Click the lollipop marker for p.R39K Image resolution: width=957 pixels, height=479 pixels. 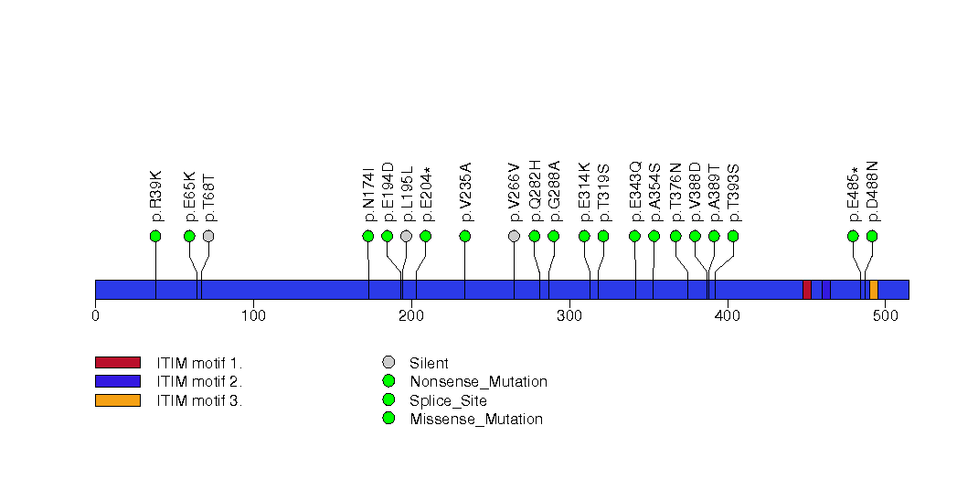pyautogui.click(x=155, y=236)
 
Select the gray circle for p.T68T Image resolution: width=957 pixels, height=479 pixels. pyautogui.click(x=208, y=236)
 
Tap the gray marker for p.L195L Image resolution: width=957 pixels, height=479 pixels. pyautogui.click(x=406, y=236)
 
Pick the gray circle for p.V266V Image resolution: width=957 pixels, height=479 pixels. pyautogui.click(x=514, y=236)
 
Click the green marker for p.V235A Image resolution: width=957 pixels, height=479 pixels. pyautogui.click(x=465, y=236)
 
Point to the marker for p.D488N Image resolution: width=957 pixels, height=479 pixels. pyautogui.click(x=872, y=236)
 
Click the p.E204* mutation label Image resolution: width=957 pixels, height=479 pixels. pyautogui.click(x=426, y=193)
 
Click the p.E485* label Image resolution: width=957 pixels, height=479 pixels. pyautogui.click(x=854, y=193)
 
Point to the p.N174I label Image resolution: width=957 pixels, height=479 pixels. pyautogui.click(x=368, y=193)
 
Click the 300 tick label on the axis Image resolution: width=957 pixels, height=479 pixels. pyautogui.click(x=569, y=316)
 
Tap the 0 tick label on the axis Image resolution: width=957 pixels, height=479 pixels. pyautogui.click(x=95, y=316)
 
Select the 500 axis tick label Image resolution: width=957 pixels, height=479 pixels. pyautogui.click(x=885, y=316)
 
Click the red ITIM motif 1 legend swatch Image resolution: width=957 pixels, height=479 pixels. pyautogui.click(x=117, y=363)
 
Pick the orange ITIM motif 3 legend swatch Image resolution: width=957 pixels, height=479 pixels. pyautogui.click(x=117, y=399)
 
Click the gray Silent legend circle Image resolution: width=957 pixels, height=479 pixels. pyautogui.click(x=388, y=363)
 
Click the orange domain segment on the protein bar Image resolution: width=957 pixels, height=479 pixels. pyautogui.click(x=874, y=289)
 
